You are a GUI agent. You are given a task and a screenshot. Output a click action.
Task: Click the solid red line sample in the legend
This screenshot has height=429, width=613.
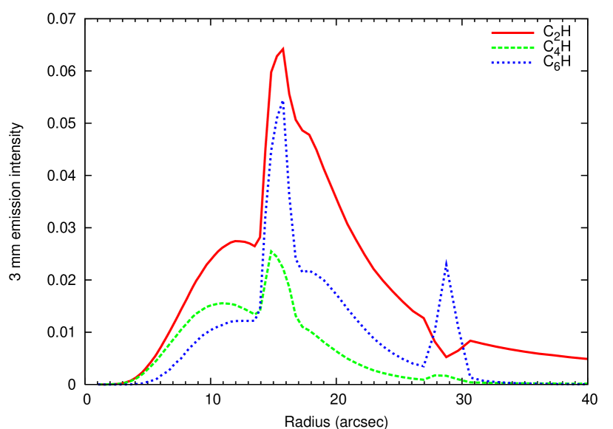[512, 33]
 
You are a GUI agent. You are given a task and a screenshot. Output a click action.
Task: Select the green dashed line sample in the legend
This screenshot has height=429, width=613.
[512, 48]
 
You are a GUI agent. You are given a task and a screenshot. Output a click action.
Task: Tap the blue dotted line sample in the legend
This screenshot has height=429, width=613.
[512, 63]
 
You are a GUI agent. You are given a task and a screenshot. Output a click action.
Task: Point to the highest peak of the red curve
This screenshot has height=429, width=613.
[283, 49]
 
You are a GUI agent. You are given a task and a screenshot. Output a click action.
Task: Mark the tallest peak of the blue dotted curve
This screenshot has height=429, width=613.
[282, 102]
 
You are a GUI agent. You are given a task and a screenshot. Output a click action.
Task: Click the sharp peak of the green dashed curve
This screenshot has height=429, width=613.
[271, 251]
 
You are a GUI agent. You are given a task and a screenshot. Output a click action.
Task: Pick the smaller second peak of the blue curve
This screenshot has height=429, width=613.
[446, 261]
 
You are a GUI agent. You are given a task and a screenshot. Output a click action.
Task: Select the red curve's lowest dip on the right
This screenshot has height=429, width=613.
[446, 357]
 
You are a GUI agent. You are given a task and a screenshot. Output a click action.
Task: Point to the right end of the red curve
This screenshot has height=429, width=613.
[586, 359]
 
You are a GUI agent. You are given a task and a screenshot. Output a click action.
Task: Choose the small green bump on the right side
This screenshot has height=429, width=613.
[440, 375]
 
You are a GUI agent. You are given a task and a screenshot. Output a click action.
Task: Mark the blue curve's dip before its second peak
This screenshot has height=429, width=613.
[422, 365]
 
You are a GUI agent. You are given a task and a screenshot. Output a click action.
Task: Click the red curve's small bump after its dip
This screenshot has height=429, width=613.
[470, 340]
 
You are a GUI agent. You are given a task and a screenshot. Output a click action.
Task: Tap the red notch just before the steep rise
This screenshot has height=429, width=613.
[254, 246]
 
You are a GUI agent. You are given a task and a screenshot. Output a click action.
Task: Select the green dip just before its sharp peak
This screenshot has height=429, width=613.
[256, 315]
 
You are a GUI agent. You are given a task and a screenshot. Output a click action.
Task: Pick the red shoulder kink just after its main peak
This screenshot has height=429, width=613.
[308, 134]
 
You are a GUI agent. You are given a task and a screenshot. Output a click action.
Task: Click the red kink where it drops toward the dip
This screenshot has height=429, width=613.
[424, 318]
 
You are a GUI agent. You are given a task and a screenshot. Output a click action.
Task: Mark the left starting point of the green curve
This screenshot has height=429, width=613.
[98, 385]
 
